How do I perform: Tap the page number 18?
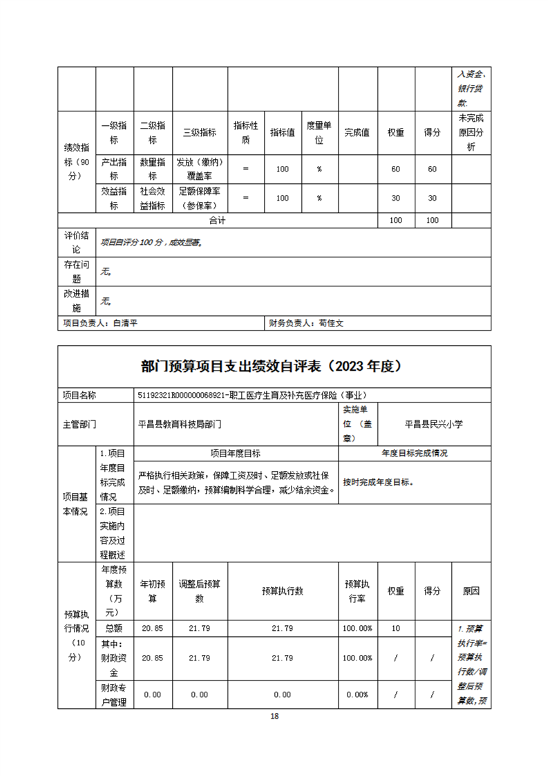274,716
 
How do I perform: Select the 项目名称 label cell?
79,395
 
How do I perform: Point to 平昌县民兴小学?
435,423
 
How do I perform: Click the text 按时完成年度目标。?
378,482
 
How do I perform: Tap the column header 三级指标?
200,132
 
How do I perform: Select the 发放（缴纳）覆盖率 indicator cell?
200,169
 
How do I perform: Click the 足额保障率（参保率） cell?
200,198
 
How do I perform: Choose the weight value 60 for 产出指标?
396,169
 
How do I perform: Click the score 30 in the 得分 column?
432,198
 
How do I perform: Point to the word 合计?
218,220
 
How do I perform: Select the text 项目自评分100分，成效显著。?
151,243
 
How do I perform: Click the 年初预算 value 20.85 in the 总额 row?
152,628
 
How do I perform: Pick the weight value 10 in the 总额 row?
396,628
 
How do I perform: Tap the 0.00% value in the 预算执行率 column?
357,694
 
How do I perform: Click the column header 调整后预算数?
200,591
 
